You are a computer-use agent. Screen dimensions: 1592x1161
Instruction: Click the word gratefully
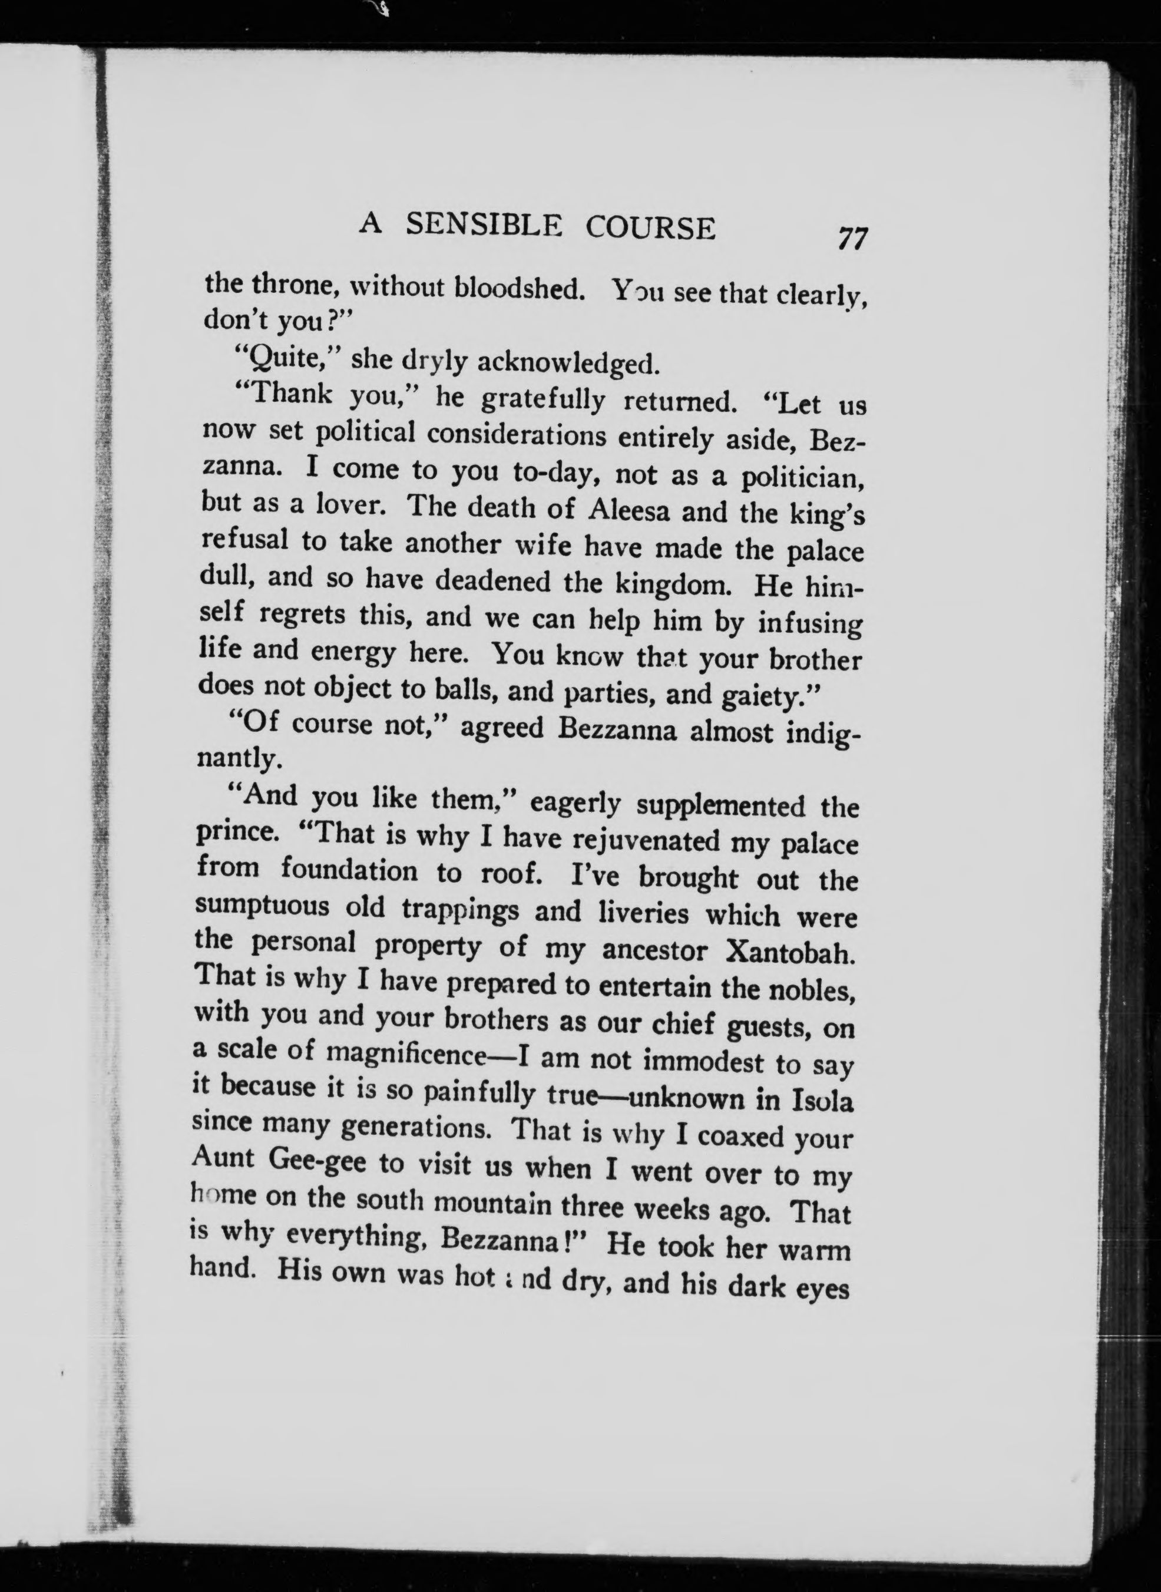coord(543,400)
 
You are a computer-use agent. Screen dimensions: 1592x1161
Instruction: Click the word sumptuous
coord(262,906)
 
